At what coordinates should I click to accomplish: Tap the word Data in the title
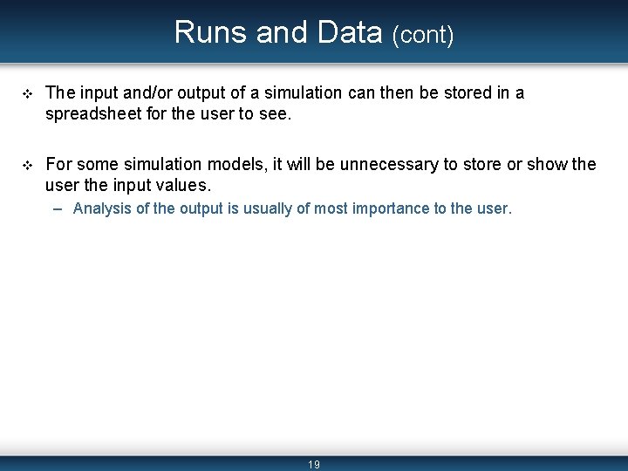[350, 32]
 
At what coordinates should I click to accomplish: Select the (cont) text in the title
[423, 35]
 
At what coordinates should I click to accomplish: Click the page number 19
[314, 465]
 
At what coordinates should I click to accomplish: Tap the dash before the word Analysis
[57, 209]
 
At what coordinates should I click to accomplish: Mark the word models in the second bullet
[232, 163]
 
